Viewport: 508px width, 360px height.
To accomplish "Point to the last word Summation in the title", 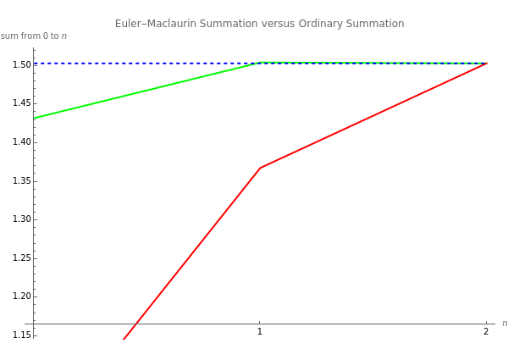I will [375, 23].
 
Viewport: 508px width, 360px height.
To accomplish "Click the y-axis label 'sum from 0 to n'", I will [34, 36].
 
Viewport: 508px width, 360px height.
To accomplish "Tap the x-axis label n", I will [504, 324].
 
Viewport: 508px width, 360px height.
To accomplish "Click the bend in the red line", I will [260, 168].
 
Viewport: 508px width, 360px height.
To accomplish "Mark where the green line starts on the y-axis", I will [34, 118].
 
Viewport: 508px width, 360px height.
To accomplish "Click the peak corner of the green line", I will [260, 62].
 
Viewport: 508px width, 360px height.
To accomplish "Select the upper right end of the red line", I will [487, 64].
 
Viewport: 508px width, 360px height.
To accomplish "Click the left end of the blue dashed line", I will [34, 64].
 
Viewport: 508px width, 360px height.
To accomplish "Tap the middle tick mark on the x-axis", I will [260, 323].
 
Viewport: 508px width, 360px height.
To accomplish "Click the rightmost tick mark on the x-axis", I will [487, 323].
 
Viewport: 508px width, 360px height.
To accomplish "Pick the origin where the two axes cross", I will [34, 323].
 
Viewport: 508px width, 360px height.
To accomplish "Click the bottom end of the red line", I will [123, 340].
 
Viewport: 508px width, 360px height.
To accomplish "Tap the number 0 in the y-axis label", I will [45, 36].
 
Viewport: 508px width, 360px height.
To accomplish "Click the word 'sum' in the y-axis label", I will [8, 36].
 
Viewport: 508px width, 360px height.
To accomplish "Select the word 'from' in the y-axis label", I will [29, 36].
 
